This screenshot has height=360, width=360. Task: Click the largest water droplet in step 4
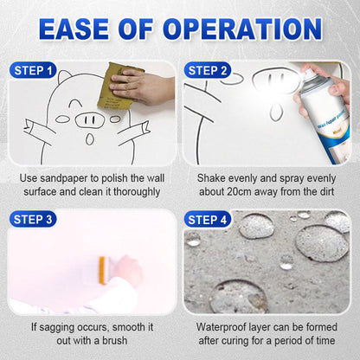click(x=321, y=243)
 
